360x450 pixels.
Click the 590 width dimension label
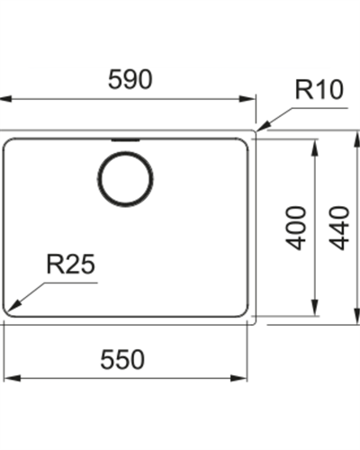point(130,79)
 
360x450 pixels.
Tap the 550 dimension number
point(122,359)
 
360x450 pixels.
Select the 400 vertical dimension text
point(296,228)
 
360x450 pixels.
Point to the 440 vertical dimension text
point(339,228)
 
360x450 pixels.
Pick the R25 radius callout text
point(70,264)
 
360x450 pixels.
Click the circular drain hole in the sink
point(125,179)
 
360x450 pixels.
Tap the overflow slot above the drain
point(125,139)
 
